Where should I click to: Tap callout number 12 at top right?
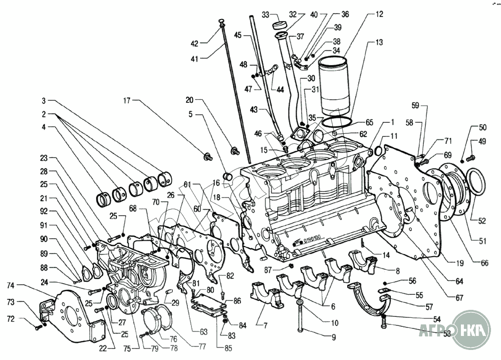(x=373, y=15)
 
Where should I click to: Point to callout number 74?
(x=11, y=285)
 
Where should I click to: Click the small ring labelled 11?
(x=378, y=150)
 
